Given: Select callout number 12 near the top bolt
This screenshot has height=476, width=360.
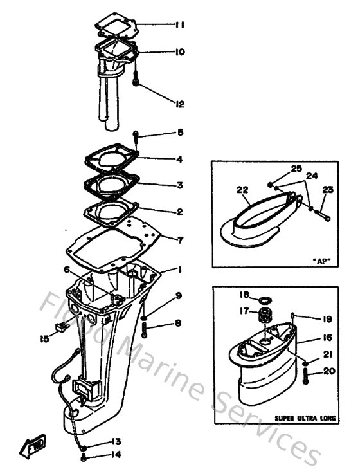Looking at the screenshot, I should pos(179,103).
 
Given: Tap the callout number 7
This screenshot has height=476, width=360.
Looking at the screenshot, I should pos(180,240).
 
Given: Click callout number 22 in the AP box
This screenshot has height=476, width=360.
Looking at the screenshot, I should pos(242,190).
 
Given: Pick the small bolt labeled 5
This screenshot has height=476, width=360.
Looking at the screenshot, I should pos(136,135).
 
